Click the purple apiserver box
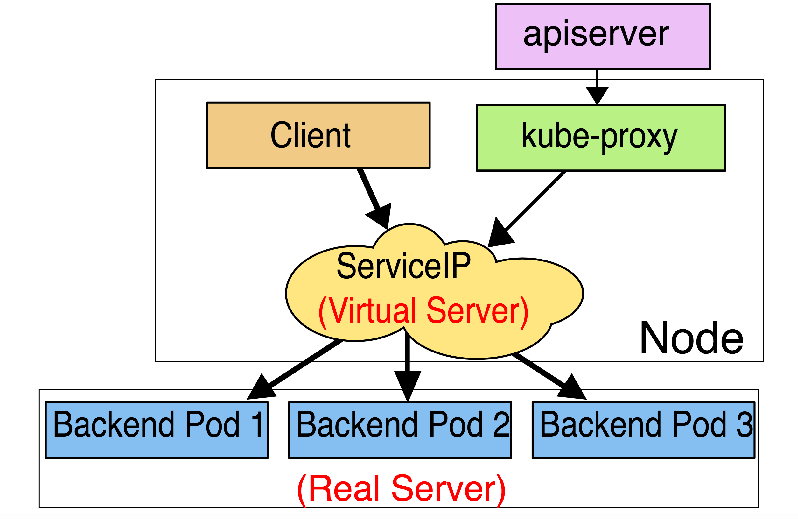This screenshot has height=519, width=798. click(x=603, y=36)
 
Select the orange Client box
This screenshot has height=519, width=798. click(x=318, y=135)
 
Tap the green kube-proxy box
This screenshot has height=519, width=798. click(x=600, y=138)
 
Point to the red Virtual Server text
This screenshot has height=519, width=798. click(x=423, y=311)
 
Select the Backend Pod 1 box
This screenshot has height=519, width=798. click(x=157, y=430)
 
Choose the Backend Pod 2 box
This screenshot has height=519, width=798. click(x=400, y=430)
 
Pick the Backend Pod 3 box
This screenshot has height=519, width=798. click(x=643, y=430)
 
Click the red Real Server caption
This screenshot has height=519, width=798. click(x=401, y=489)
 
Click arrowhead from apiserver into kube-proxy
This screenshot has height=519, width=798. click(x=597, y=95)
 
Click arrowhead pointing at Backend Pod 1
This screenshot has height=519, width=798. click(x=262, y=389)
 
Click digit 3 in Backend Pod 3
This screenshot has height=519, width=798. click(x=744, y=424)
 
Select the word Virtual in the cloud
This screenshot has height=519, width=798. click(x=372, y=311)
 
